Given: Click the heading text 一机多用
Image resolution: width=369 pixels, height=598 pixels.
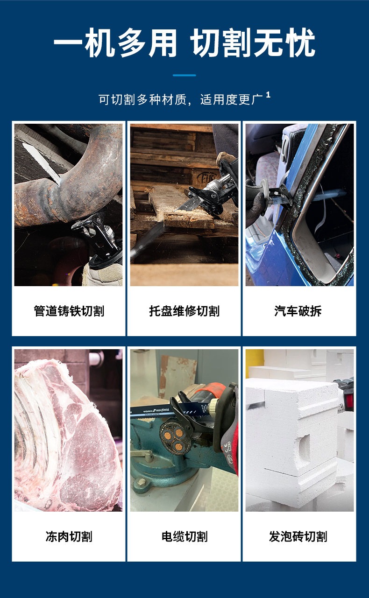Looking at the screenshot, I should pos(115,43).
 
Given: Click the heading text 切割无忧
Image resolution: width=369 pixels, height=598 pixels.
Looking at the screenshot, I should pos(253,43).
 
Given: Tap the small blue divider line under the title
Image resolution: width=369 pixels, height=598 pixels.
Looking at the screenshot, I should pos(184,75).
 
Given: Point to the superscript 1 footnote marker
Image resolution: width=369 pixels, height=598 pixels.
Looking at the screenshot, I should pos(268,95).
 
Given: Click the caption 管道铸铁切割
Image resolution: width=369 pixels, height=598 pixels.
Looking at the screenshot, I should pos(69,311).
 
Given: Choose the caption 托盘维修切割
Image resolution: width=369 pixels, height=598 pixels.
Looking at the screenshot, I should pos(184,311).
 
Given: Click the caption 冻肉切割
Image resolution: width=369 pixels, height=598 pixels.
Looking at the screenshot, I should pos(69,536).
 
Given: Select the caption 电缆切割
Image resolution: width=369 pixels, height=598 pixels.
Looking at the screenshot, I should pos(184,536).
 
